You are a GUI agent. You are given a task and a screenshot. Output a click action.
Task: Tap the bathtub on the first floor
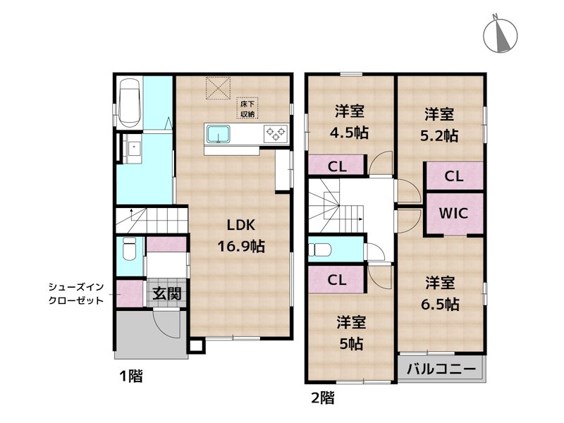[130, 103]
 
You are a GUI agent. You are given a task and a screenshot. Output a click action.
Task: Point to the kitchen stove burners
[274, 133]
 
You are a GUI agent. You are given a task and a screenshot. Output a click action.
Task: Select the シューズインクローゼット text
[76, 293]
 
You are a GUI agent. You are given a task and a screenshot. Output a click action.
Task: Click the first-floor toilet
[129, 250]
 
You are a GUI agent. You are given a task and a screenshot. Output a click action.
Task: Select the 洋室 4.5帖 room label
[350, 121]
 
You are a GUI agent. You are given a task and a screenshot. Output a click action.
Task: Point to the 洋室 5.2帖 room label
[439, 124]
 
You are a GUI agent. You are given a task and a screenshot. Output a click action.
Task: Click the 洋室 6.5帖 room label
[441, 293]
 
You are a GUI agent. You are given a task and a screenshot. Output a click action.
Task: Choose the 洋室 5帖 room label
[350, 333]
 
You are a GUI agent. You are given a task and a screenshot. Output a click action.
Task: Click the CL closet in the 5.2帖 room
[453, 176]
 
